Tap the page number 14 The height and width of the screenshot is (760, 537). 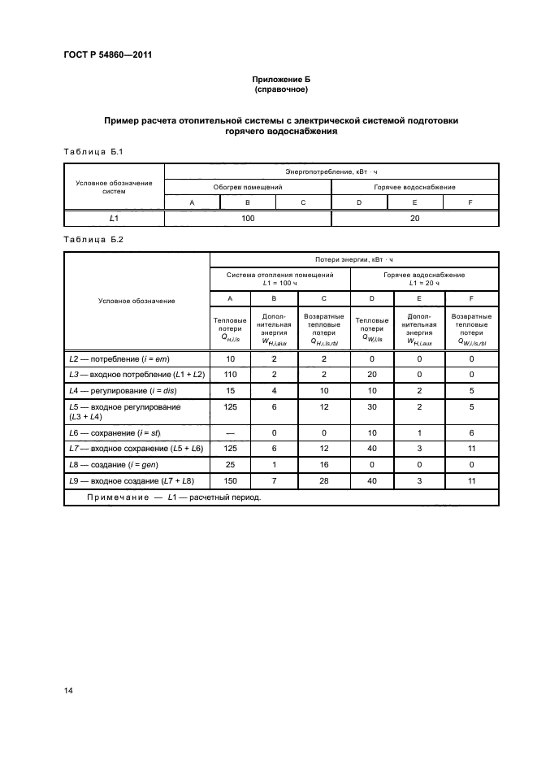click(x=69, y=691)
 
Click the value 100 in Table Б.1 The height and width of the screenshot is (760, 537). click(x=248, y=218)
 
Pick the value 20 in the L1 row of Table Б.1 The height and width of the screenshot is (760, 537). click(x=414, y=218)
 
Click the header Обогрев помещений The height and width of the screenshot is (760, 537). click(x=248, y=187)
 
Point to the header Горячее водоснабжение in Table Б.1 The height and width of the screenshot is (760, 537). click(x=414, y=187)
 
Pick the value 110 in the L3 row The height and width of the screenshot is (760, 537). click(x=231, y=375)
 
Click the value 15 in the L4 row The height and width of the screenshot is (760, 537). click(x=231, y=391)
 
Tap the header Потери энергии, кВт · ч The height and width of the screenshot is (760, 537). click(x=354, y=259)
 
